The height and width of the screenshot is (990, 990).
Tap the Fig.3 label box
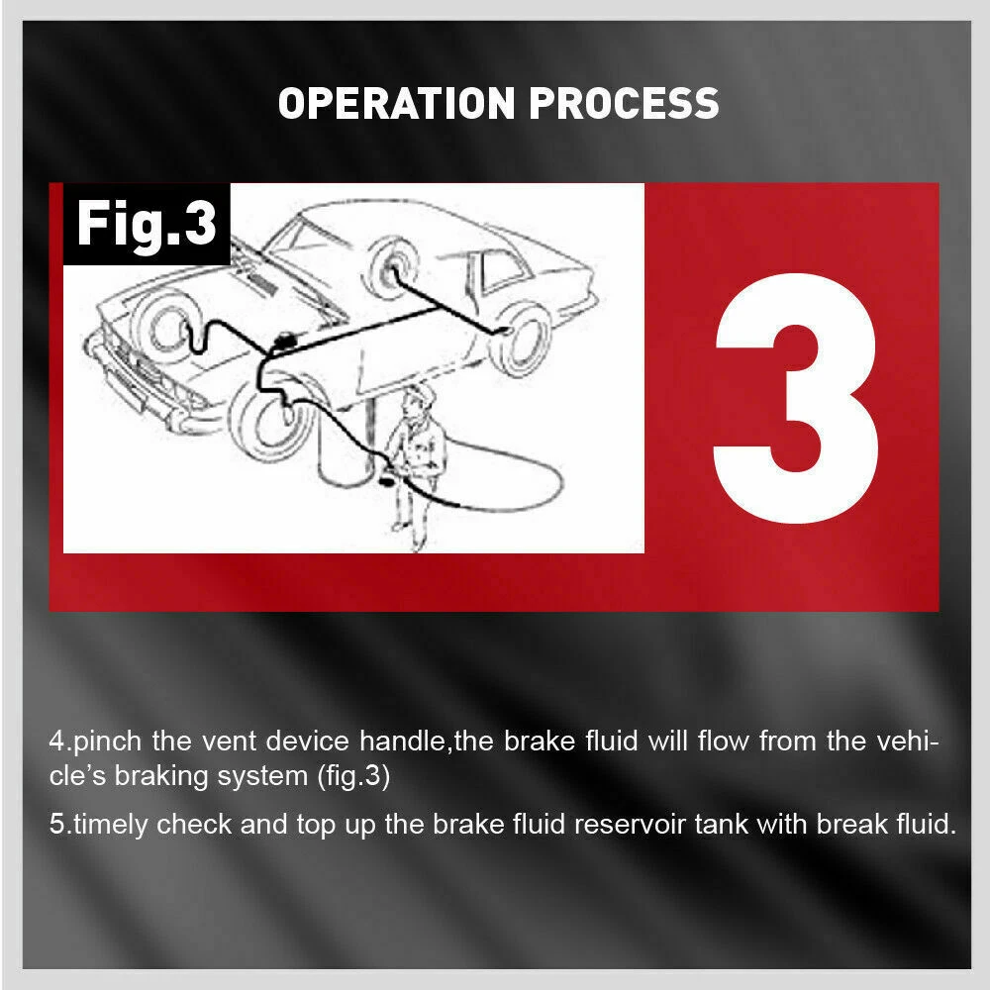[147, 224]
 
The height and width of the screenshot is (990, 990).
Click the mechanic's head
[414, 401]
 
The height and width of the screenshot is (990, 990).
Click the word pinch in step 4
[105, 742]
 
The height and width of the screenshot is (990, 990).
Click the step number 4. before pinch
[59, 742]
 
